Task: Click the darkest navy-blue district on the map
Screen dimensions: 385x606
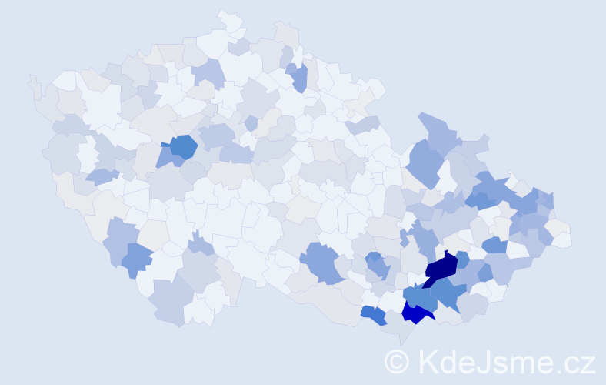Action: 441,268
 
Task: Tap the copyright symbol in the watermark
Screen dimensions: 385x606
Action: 396,361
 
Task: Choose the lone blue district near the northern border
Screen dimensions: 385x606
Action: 299,77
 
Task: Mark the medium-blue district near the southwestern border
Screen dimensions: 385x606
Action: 136,259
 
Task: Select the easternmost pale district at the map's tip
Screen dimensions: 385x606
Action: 561,239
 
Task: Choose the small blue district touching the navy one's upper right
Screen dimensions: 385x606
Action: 462,259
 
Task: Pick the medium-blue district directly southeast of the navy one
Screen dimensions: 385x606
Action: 450,292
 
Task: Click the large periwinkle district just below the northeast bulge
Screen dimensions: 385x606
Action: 425,163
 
